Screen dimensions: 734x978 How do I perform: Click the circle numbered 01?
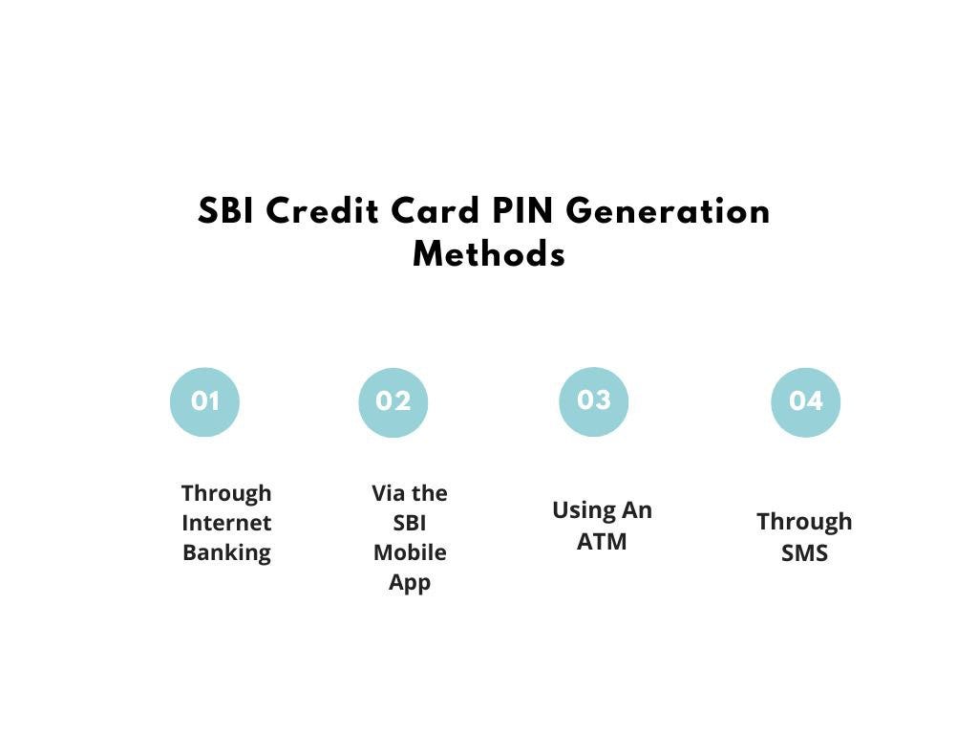pyautogui.click(x=204, y=401)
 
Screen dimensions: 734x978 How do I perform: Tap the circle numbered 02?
pyautogui.click(x=393, y=402)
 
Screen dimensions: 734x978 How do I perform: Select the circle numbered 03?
pyautogui.click(x=593, y=400)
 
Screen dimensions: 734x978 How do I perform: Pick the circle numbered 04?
pyautogui.click(x=805, y=401)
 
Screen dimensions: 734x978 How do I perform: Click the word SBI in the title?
pyautogui.click(x=226, y=211)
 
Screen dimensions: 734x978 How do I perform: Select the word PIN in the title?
pyautogui.click(x=523, y=211)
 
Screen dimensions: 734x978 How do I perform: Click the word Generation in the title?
pyautogui.click(x=668, y=211)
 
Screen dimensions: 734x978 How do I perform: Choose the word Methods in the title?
pyautogui.click(x=489, y=255)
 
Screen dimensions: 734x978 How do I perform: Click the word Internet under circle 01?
pyautogui.click(x=226, y=523)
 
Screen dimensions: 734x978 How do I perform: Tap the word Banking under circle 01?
pyautogui.click(x=226, y=552)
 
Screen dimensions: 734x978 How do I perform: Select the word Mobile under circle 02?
pyautogui.click(x=410, y=552)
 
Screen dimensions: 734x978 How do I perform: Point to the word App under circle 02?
pyautogui.click(x=410, y=583)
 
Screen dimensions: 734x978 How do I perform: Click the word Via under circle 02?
pyautogui.click(x=389, y=493)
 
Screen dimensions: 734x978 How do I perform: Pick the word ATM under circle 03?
pyautogui.click(x=602, y=541)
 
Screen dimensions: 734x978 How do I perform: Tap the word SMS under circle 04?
pyautogui.click(x=804, y=553)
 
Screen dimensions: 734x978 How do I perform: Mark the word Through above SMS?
pyautogui.click(x=804, y=522)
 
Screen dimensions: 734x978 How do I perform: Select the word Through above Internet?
pyautogui.click(x=226, y=493)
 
